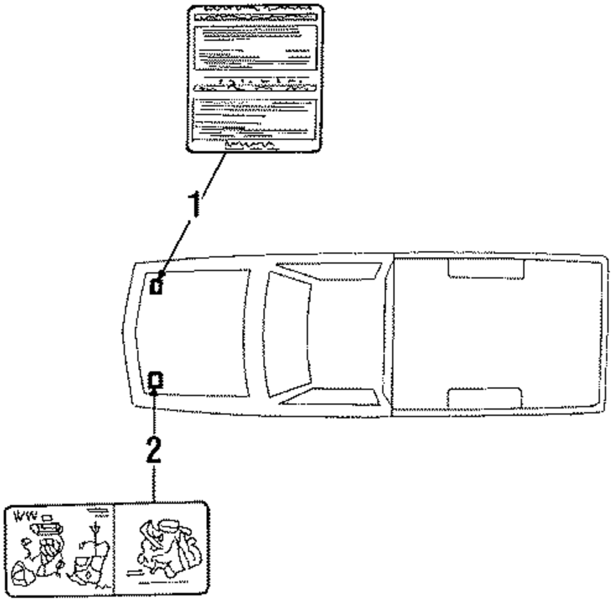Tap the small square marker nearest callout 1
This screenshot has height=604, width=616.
point(157,286)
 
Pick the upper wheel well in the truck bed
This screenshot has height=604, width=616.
point(485,269)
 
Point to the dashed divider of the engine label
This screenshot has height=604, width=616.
point(115,549)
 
